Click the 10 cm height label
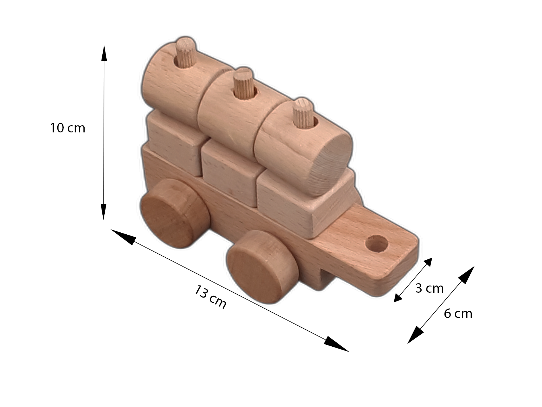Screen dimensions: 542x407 click(68, 128)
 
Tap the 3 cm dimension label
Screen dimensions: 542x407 click(429, 288)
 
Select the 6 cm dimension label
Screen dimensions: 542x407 click(458, 313)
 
